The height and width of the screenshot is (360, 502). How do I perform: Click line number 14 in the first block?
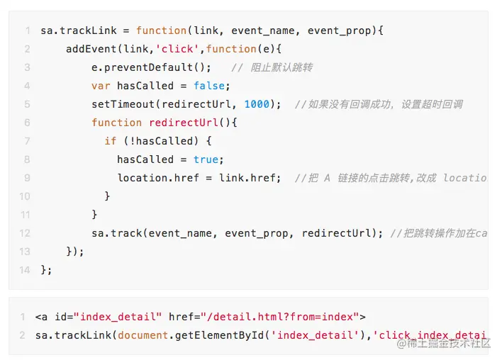[25, 269]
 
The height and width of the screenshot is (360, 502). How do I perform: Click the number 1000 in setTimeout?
[257, 104]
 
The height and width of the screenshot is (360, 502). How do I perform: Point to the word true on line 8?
[206, 159]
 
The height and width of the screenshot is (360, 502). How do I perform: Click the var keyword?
[101, 86]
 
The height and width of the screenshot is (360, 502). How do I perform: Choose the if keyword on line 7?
[110, 141]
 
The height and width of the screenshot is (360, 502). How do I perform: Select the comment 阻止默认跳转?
[281, 67]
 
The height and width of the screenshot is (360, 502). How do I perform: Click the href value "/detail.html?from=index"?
[280, 316]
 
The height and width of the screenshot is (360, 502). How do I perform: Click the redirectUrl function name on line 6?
[189, 123]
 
